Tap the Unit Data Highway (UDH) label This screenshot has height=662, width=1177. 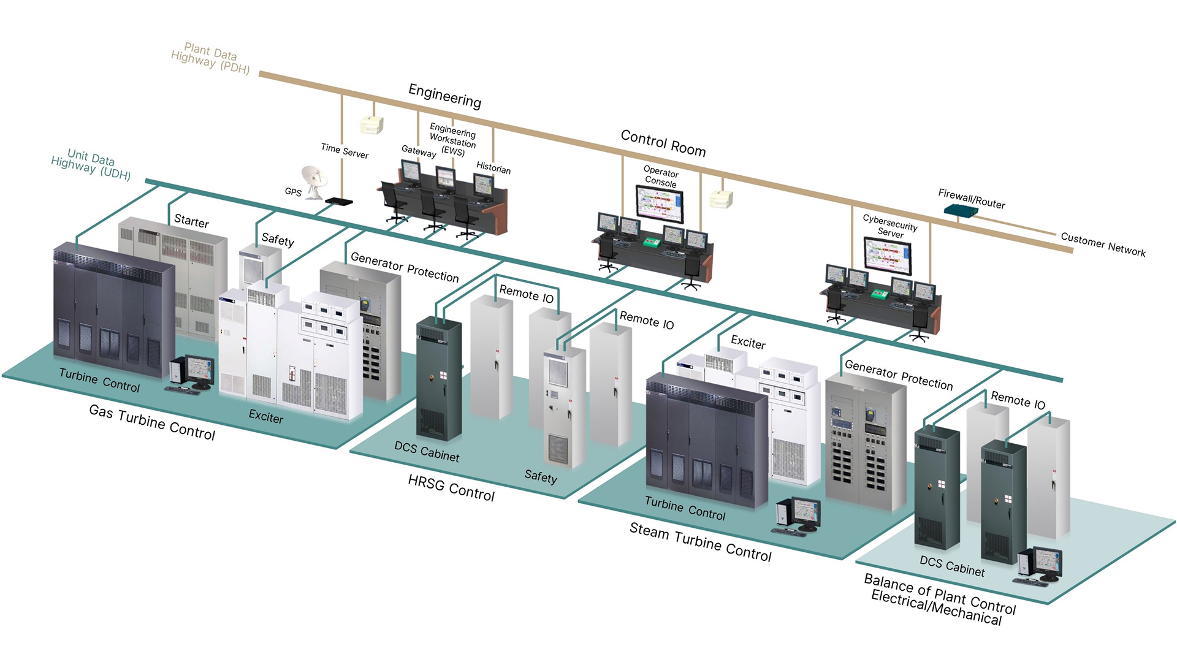(91, 164)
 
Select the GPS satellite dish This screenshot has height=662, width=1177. (315, 181)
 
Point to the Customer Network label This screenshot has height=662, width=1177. (1102, 244)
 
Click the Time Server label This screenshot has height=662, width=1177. (345, 151)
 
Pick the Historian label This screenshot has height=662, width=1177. (493, 168)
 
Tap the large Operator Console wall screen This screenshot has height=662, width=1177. (660, 204)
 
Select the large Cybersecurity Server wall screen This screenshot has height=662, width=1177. (887, 254)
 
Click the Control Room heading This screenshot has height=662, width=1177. (663, 143)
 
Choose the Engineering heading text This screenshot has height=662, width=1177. (444, 96)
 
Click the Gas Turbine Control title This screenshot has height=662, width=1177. (152, 422)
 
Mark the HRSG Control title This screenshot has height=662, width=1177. (451, 488)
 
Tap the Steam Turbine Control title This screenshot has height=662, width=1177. (700, 542)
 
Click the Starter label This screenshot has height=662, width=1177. (191, 221)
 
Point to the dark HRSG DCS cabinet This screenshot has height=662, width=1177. (438, 380)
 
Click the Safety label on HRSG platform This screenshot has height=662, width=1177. (541, 476)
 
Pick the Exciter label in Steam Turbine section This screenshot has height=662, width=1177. (748, 343)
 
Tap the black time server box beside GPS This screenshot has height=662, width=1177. (338, 201)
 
